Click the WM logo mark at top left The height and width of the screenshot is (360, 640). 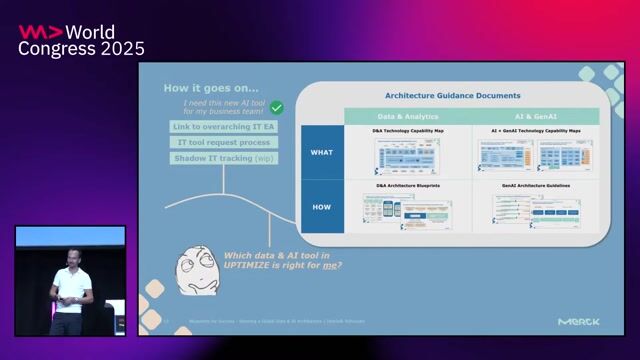[x=37, y=30]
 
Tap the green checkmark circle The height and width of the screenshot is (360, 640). [x=277, y=107]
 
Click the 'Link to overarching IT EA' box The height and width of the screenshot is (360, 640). [x=223, y=128]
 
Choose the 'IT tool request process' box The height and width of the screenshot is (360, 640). [x=223, y=143]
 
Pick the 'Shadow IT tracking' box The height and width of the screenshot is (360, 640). [x=223, y=158]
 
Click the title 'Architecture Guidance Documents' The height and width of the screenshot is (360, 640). [x=452, y=96]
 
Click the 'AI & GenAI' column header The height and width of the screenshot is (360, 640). [x=536, y=117]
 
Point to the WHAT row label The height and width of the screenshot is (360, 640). [x=322, y=152]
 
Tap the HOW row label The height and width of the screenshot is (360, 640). [x=322, y=208]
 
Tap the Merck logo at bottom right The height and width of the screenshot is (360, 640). [x=579, y=321]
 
